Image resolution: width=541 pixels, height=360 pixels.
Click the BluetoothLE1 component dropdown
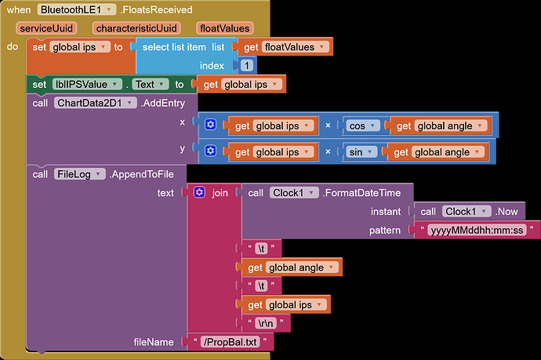coord(76,9)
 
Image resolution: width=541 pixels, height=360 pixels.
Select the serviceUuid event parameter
coord(46,28)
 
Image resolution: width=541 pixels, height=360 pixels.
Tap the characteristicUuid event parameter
coord(136,28)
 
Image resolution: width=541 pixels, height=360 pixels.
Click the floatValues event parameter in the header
coord(224,28)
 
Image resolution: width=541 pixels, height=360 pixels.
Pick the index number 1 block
coord(246,66)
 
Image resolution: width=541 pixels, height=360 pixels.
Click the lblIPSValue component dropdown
coord(87,84)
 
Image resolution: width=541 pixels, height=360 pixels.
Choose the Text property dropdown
coord(150,84)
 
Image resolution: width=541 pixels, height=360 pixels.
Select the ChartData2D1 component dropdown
coord(95,103)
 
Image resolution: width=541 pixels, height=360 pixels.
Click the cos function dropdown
coord(361,126)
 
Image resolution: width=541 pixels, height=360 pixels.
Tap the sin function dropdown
coord(360,152)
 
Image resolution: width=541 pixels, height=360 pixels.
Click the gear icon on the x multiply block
coord(210,125)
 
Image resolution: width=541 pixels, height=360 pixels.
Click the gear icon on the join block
coord(199,192)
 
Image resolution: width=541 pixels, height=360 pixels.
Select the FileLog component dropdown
coord(79,174)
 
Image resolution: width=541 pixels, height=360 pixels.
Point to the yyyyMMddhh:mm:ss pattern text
coord(477,230)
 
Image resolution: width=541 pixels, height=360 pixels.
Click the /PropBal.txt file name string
coord(231,342)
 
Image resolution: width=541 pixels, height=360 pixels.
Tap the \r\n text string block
coord(266,323)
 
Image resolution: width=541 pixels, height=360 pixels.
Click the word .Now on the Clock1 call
coord(507,212)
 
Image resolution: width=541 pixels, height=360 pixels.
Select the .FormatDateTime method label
coord(361,193)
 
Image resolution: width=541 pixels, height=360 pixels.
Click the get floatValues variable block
coord(285,47)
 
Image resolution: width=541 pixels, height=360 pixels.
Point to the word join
coord(220,193)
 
